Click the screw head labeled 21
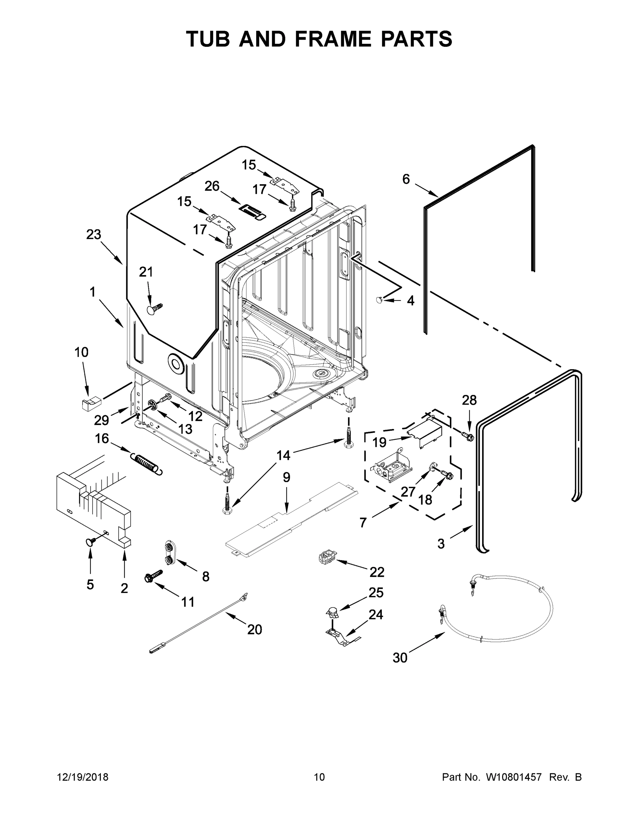point(152,309)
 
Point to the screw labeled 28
point(469,437)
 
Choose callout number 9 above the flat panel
point(286,477)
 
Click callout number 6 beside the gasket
point(405,179)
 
